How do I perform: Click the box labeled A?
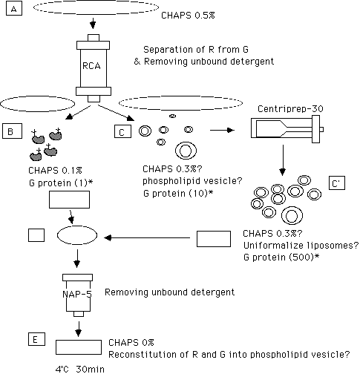(14, 9)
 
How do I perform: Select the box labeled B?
(12, 131)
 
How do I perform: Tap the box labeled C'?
(337, 183)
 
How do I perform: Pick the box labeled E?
(36, 339)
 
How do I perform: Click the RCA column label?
(91, 66)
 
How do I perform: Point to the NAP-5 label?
(77, 294)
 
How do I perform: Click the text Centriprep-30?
(290, 109)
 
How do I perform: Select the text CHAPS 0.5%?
(188, 16)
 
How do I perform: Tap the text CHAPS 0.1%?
(55, 171)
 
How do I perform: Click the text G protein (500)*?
(281, 257)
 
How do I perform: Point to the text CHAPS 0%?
(131, 343)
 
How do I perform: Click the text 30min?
(90, 369)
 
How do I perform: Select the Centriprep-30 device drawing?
(287, 129)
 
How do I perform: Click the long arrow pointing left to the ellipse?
(147, 238)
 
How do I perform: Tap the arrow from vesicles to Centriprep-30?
(222, 130)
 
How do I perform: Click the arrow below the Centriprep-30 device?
(283, 160)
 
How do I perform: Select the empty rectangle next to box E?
(79, 347)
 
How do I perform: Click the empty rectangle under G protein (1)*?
(69, 200)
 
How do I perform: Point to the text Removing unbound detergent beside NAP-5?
(170, 292)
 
